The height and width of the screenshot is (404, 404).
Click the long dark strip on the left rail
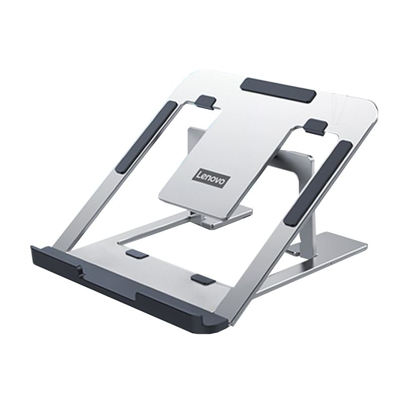[146, 137]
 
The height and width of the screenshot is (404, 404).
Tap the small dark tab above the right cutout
[315, 126]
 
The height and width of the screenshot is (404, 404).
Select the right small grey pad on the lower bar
[204, 279]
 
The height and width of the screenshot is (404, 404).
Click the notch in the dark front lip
[82, 271]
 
